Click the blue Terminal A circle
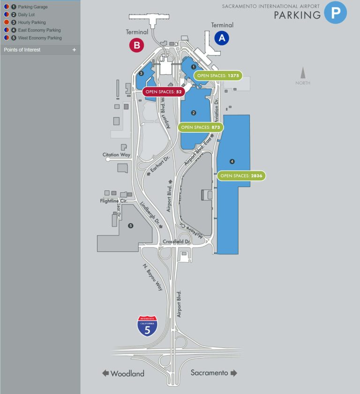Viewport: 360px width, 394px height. pyautogui.click(x=222, y=38)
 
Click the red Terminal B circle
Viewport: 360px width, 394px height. pyautogui.click(x=136, y=45)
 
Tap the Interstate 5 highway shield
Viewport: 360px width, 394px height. pyautogui.click(x=147, y=326)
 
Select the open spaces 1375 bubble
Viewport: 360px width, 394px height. pyautogui.click(x=218, y=76)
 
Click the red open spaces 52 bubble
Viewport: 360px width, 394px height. pyautogui.click(x=163, y=92)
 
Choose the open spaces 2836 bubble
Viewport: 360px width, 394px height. pyautogui.click(x=241, y=176)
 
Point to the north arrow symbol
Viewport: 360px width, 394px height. pyautogui.click(x=303, y=74)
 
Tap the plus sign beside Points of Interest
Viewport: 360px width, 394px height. pyautogui.click(x=74, y=50)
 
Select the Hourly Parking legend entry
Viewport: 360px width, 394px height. pyautogui.click(x=32, y=23)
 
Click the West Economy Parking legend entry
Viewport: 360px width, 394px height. pyautogui.click(x=39, y=38)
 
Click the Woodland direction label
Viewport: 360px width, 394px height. pyautogui.click(x=123, y=374)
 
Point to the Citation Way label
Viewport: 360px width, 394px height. pyautogui.click(x=116, y=154)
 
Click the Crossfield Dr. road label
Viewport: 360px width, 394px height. pyautogui.click(x=176, y=242)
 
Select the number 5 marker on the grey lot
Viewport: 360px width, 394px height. pyautogui.click(x=131, y=226)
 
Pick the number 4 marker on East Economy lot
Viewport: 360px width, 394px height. pyautogui.click(x=232, y=161)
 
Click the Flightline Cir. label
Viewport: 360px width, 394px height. pyautogui.click(x=114, y=201)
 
